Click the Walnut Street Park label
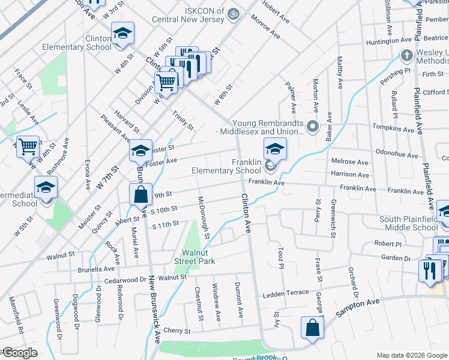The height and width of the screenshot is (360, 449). [194, 256]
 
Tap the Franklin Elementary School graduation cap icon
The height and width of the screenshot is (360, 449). [274, 148]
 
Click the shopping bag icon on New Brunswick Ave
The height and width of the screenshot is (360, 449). [140, 194]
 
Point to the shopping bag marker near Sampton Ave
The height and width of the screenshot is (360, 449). [312, 328]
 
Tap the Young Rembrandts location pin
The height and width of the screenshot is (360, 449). [312, 127]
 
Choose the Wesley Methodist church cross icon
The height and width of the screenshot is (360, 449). [406, 56]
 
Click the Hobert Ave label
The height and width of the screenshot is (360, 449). [276, 14]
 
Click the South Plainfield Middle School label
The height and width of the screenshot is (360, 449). [409, 223]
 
